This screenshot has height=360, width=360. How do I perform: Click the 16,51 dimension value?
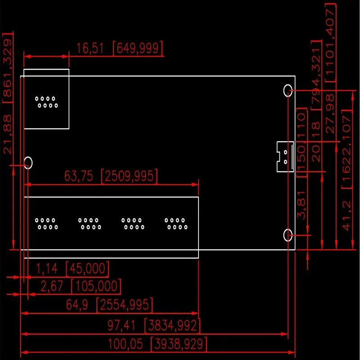pyautogui.click(x=90, y=49)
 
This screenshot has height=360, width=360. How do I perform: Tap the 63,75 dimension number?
pyautogui.click(x=79, y=176)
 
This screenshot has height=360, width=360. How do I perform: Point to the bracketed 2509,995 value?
pyautogui.click(x=130, y=176)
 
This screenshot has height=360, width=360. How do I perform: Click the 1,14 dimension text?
pyautogui.click(x=47, y=269)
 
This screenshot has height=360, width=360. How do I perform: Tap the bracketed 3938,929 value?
pyautogui.click(x=179, y=345)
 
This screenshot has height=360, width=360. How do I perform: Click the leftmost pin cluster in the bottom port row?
pyautogui.click(x=47, y=224)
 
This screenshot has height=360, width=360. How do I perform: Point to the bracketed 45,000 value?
pyautogui.click(x=87, y=269)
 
